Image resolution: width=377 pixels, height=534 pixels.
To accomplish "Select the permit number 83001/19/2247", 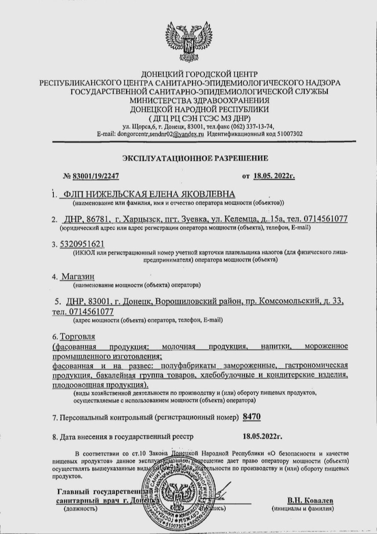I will coord(96,176).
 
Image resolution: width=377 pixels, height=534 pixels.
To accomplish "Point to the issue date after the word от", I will coord(274,176).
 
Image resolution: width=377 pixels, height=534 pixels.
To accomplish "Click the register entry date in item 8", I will coord(262,437).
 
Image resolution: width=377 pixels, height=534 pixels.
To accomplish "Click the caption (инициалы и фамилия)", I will coord(302,509).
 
